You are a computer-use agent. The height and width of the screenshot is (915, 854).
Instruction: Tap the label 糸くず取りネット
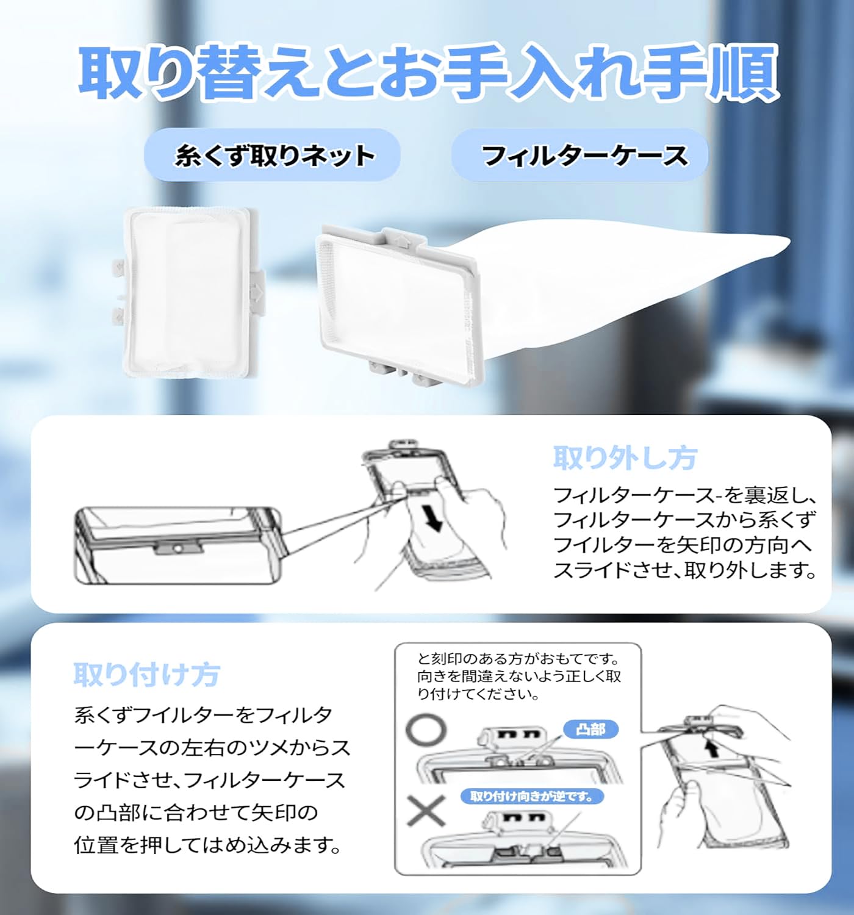pos(274,156)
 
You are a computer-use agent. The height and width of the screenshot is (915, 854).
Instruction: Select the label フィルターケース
pos(584,156)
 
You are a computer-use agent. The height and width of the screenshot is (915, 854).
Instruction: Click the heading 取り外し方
pos(624,457)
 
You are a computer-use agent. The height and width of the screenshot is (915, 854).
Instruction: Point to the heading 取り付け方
pos(146,674)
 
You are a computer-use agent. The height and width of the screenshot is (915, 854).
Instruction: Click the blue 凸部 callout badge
pos(590,729)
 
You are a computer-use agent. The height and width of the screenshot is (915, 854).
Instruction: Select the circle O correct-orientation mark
pos(427,730)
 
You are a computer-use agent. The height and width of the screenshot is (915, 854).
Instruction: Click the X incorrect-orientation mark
pos(426,811)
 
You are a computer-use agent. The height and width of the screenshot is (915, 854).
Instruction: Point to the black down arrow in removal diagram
pos(434,520)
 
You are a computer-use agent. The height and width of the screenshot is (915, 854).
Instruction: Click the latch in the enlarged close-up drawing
pos(177,548)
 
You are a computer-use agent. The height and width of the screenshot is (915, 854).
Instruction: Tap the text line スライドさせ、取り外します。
pos(684,570)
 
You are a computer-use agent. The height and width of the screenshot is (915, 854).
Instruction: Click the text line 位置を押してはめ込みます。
pos(207,845)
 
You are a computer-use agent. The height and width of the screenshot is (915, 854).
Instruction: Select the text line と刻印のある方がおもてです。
pos(518,659)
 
